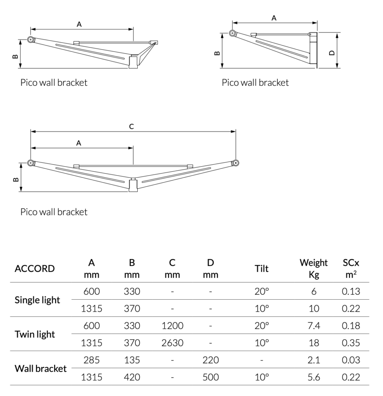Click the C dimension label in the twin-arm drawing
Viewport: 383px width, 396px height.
coord(132,126)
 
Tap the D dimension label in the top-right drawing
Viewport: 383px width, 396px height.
coord(332,53)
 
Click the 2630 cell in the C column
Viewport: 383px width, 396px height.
coord(172,343)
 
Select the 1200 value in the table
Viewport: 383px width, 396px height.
coord(172,326)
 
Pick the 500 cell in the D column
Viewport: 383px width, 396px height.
coord(210,377)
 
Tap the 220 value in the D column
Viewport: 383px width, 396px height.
coord(210,360)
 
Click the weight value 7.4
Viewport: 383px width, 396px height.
coord(314,326)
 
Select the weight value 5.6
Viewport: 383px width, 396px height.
coord(314,377)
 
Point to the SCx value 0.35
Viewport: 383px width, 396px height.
coord(351,343)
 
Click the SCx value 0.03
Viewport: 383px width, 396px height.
coord(351,360)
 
